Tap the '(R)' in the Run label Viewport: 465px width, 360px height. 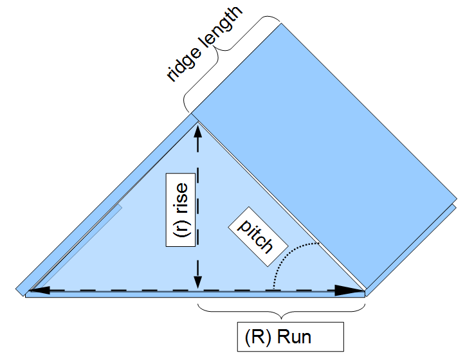pos(259,337)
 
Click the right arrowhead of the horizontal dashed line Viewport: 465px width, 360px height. pos(351,291)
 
